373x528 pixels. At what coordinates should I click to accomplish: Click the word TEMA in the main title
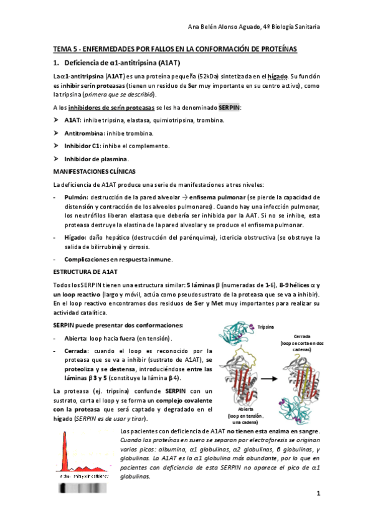coord(62,49)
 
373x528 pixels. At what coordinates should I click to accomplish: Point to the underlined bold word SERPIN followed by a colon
coord(229,108)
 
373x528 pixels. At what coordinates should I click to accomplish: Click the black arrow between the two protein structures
coord(266,378)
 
